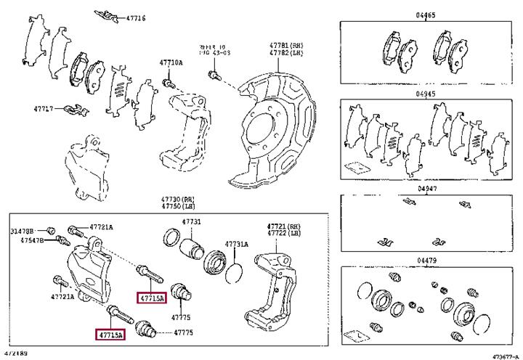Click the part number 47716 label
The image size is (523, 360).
coord(136,17)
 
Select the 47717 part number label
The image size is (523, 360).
coord(44,109)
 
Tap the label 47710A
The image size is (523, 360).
coord(171,64)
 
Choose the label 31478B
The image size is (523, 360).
coord(23,232)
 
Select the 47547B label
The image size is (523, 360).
coord(31,240)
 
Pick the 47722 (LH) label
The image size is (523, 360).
coord(283,233)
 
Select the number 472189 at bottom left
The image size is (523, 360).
coord(17,353)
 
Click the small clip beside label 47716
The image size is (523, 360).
coord(109,15)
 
